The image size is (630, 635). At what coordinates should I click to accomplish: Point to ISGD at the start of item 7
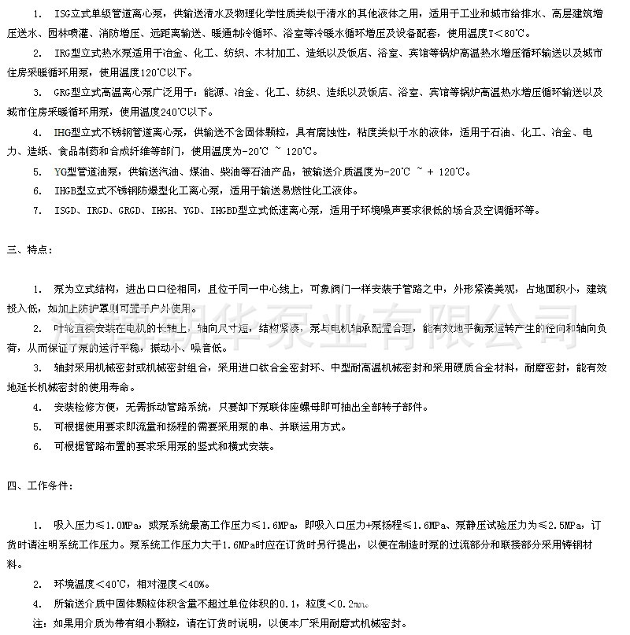coord(64,211)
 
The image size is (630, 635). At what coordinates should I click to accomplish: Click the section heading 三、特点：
coord(30,251)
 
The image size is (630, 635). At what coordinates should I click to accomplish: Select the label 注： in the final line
coord(39,624)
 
